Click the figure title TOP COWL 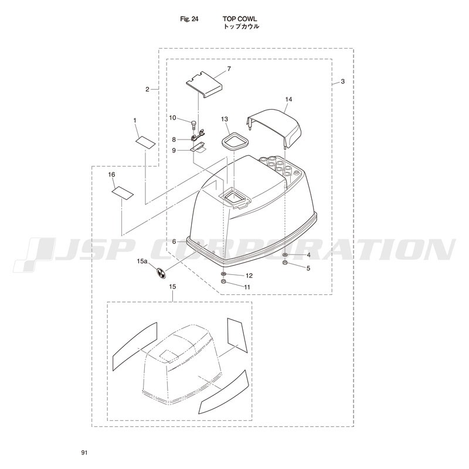(x=240, y=19)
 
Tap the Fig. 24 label (x=189, y=19)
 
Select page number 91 (x=84, y=453)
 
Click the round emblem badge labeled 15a (x=161, y=274)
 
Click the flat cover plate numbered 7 (x=204, y=84)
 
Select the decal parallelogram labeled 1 (x=145, y=142)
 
